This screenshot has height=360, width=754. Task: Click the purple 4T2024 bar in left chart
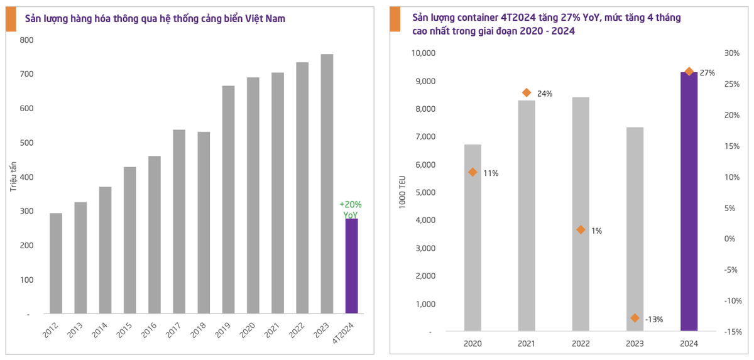[351, 266]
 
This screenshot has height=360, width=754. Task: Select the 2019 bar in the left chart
[228, 199]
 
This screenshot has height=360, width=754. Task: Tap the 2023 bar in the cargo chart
[327, 183]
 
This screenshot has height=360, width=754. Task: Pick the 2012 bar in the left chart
[56, 263]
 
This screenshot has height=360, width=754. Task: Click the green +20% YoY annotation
[351, 210]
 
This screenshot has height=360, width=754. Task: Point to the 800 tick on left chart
[27, 40]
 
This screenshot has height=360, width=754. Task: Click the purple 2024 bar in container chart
[689, 201]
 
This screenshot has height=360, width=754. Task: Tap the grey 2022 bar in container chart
[581, 214]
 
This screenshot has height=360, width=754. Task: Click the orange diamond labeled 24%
[527, 93]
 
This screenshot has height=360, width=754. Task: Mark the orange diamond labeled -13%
[635, 318]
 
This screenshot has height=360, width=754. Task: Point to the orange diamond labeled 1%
[581, 230]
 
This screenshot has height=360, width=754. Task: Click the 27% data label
[708, 73]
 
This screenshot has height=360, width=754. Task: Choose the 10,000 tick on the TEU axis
[423, 53]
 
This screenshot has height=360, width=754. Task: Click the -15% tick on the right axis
[731, 332]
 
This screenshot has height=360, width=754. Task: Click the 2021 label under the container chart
[527, 344]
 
